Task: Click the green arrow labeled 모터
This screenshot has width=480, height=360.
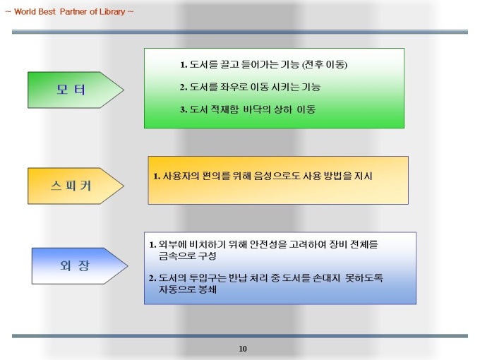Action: tap(76, 90)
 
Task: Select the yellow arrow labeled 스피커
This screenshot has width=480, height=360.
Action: tap(76, 186)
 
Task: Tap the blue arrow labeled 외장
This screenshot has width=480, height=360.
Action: tap(80, 265)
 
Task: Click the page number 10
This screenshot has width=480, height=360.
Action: tap(243, 349)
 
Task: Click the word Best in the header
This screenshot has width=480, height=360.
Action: tap(47, 11)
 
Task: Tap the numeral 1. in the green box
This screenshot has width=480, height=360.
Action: tap(184, 65)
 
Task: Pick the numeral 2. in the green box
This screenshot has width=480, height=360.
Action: tap(184, 88)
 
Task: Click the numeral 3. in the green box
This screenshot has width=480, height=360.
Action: tap(184, 109)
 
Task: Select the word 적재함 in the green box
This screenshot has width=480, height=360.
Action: tap(224, 109)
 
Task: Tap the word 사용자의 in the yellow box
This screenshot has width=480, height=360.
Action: tap(181, 176)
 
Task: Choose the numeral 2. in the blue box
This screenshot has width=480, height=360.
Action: tap(152, 278)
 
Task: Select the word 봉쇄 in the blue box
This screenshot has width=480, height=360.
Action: tap(208, 289)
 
